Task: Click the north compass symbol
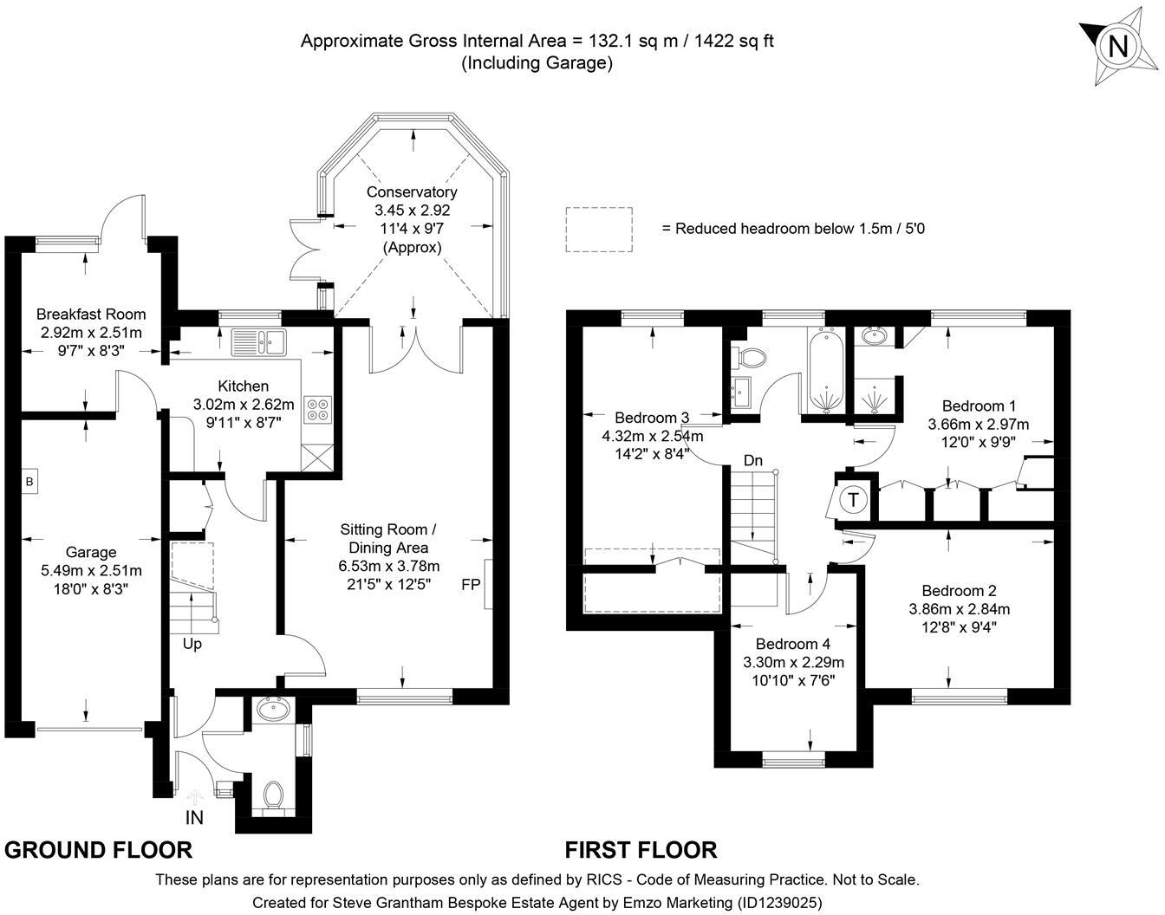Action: [1117, 45]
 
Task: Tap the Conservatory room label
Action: [412, 192]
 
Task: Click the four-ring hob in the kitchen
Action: [318, 409]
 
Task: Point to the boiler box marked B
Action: [29, 482]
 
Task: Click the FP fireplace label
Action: [471, 584]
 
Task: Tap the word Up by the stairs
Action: [192, 644]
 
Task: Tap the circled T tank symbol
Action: [854, 500]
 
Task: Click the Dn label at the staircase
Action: [753, 460]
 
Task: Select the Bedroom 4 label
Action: [792, 644]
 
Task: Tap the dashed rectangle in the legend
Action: [599, 229]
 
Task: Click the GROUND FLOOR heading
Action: [98, 850]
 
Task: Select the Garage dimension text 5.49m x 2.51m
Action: [91, 570]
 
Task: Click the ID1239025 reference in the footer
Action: [778, 902]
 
